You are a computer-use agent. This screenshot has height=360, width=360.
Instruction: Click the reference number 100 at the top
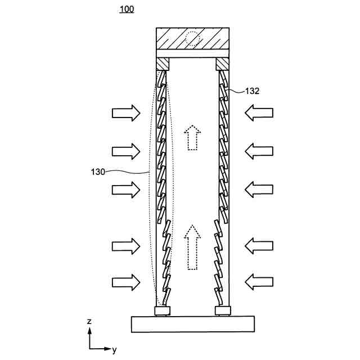pyautogui.click(x=127, y=9)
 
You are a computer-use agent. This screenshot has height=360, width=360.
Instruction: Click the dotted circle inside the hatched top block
pyautogui.click(x=193, y=39)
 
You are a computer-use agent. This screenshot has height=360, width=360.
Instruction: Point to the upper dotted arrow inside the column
pyautogui.click(x=193, y=138)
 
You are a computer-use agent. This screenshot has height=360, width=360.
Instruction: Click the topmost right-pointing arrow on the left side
pyautogui.click(x=125, y=112)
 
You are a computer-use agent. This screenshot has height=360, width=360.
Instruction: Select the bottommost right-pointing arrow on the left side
pyautogui.click(x=125, y=281)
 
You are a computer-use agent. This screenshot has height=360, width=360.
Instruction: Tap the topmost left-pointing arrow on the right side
pyautogui.click(x=259, y=112)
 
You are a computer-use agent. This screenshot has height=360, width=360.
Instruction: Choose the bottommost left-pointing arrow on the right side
pyautogui.click(x=259, y=281)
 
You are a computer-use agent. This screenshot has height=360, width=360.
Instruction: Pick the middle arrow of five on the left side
pyautogui.click(x=125, y=188)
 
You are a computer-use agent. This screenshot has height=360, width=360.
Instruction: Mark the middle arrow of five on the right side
pyautogui.click(x=259, y=188)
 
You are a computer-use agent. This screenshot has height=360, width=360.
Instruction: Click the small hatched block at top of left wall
pyautogui.click(x=163, y=64)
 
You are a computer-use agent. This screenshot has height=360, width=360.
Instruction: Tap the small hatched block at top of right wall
pyautogui.click(x=223, y=64)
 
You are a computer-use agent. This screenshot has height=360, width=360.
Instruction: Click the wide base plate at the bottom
pyautogui.click(x=193, y=324)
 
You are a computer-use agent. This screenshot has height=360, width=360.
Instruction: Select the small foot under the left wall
pyautogui.click(x=163, y=310)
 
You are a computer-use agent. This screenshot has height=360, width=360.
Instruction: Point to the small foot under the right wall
pyautogui.click(x=223, y=310)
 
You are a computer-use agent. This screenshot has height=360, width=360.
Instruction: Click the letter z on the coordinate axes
pyautogui.click(x=89, y=321)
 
